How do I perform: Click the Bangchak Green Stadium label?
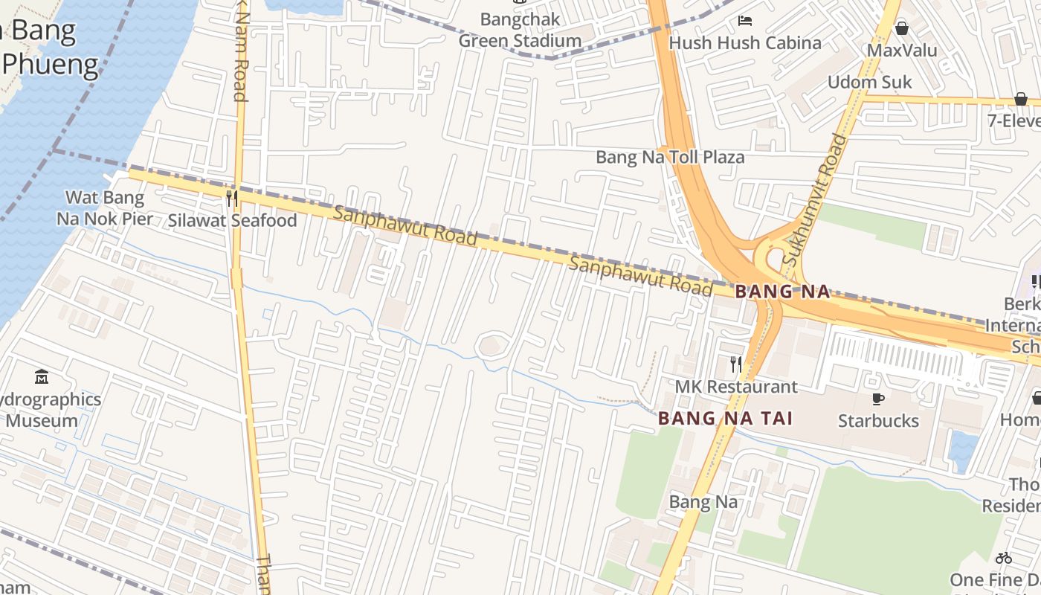click(x=520, y=30)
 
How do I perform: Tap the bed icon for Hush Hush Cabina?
click(x=744, y=21)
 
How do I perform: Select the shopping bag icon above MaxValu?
click(x=902, y=28)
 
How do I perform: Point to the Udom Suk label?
click(x=869, y=82)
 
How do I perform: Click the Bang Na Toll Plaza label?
click(x=670, y=158)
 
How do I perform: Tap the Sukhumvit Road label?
click(x=816, y=199)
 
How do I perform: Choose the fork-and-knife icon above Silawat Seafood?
click(x=232, y=198)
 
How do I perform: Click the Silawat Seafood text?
click(x=232, y=220)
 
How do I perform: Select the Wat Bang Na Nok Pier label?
click(x=105, y=208)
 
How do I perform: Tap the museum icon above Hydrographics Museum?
click(x=42, y=377)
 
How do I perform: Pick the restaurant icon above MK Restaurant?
click(x=736, y=364)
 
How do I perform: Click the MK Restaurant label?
click(x=736, y=387)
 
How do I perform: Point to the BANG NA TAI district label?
click(x=725, y=419)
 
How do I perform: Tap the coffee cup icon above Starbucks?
click(x=878, y=399)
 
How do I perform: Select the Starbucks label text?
click(x=878, y=421)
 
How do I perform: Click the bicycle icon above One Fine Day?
click(x=1004, y=558)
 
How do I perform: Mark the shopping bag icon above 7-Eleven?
click(x=1021, y=99)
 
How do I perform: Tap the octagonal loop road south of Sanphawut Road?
click(x=490, y=346)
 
